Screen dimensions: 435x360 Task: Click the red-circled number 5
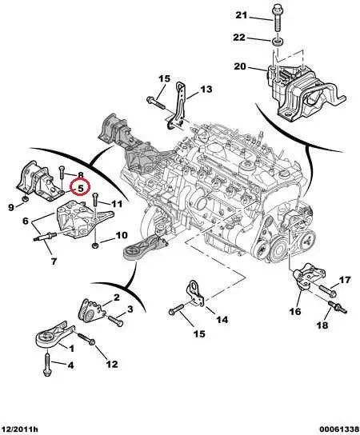click(81, 189)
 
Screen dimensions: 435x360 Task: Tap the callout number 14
click(222, 320)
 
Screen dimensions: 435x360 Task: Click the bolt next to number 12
click(94, 343)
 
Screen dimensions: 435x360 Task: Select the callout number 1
click(70, 349)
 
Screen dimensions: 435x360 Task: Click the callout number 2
click(116, 297)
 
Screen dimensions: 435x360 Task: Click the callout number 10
click(121, 235)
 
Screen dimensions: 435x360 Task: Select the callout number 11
click(116, 204)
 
